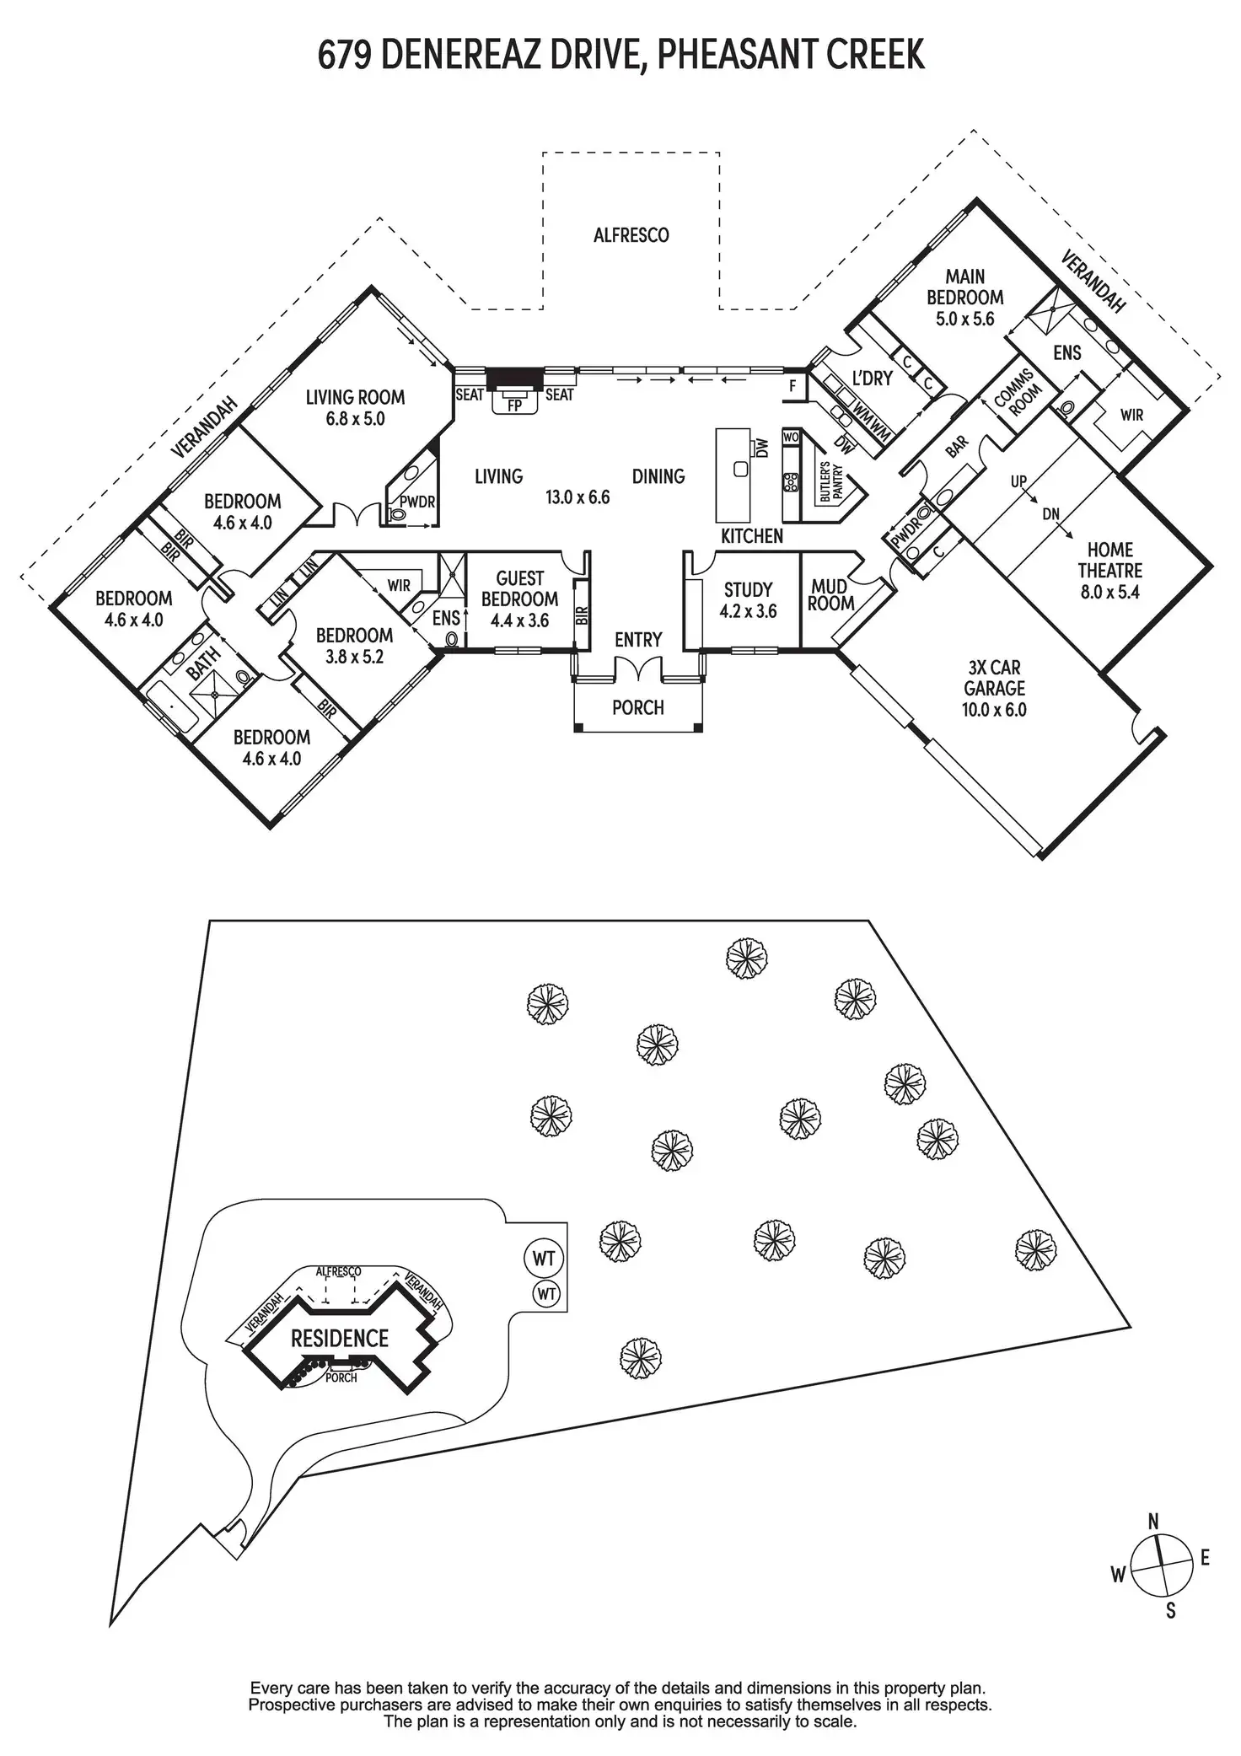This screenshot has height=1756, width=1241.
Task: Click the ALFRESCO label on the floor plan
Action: click(631, 235)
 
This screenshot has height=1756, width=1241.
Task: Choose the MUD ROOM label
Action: click(830, 595)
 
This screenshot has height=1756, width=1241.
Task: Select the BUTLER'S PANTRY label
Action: click(831, 484)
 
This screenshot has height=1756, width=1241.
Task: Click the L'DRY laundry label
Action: click(872, 379)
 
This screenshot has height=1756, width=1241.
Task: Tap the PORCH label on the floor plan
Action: click(638, 707)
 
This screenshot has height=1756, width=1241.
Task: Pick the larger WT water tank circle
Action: click(544, 1259)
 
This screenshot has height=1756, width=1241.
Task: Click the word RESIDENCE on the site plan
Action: click(340, 1338)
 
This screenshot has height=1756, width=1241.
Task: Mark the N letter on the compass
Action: click(1153, 1521)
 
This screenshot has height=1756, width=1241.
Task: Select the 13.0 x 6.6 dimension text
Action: click(578, 497)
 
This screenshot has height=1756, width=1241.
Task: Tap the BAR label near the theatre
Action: click(957, 447)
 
